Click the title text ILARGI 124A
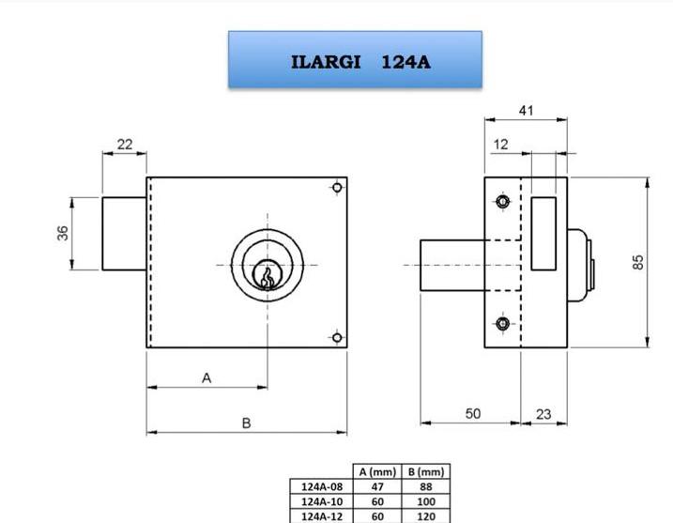pyautogui.click(x=360, y=62)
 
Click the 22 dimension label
pyautogui.click(x=125, y=145)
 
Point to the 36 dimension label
pyautogui.click(x=63, y=233)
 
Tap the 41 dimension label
pyautogui.click(x=527, y=111)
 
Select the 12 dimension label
pyautogui.click(x=501, y=145)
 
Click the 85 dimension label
pyautogui.click(x=638, y=262)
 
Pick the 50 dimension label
pyautogui.click(x=473, y=413)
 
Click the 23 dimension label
pyautogui.click(x=543, y=414)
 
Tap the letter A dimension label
pyautogui.click(x=206, y=378)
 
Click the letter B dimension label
pyautogui.click(x=246, y=423)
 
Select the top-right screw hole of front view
pyautogui.click(x=337, y=188)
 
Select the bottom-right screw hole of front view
pyautogui.click(x=337, y=337)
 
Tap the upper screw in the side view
pyautogui.click(x=502, y=201)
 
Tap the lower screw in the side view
pyautogui.click(x=502, y=323)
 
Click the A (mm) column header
pyautogui.click(x=377, y=472)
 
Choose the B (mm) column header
pyautogui.click(x=426, y=472)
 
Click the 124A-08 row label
pyautogui.click(x=322, y=486)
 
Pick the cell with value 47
pyautogui.click(x=377, y=486)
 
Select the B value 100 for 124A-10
pyautogui.click(x=426, y=501)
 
